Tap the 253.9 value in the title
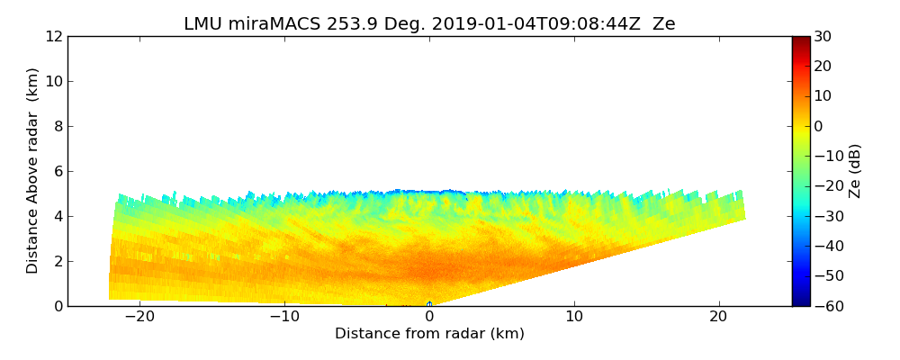tap(346, 24)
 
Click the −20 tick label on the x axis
tap(139, 318)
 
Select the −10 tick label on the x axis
tap(284, 318)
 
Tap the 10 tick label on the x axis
tap(574, 318)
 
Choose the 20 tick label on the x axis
tap(719, 318)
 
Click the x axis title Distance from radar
tap(429, 334)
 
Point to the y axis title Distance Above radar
tap(33, 170)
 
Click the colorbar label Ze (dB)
tap(855, 170)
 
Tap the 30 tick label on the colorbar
tap(823, 37)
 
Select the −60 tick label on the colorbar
tap(825, 306)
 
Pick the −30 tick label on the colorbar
tap(825, 216)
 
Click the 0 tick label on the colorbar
tap(819, 126)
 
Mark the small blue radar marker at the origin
tap(429, 304)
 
